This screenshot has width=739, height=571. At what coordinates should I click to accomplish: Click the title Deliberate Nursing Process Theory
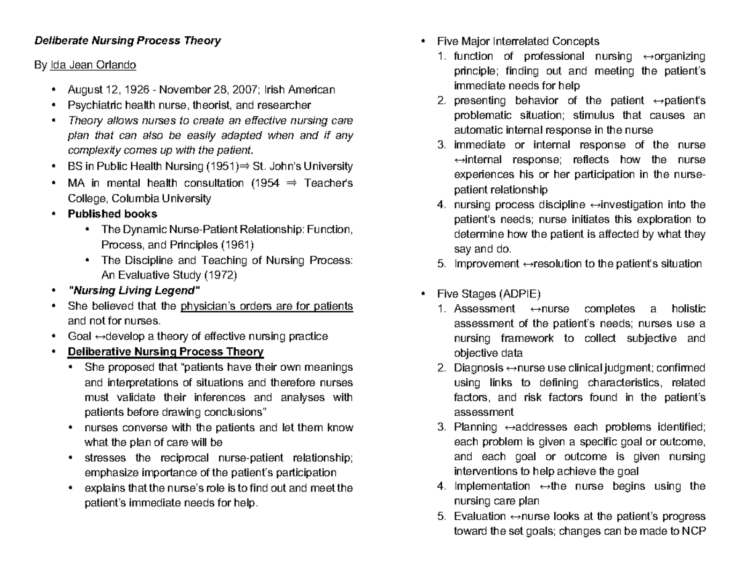pyautogui.click(x=127, y=41)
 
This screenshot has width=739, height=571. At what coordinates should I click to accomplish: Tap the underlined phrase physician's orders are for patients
pyautogui.click(x=267, y=306)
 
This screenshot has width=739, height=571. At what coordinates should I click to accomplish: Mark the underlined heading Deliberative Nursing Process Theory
pyautogui.click(x=165, y=352)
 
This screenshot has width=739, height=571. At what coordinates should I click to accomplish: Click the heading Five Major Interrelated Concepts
pyautogui.click(x=518, y=41)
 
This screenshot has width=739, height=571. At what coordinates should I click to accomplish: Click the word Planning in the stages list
pyautogui.click(x=475, y=427)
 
